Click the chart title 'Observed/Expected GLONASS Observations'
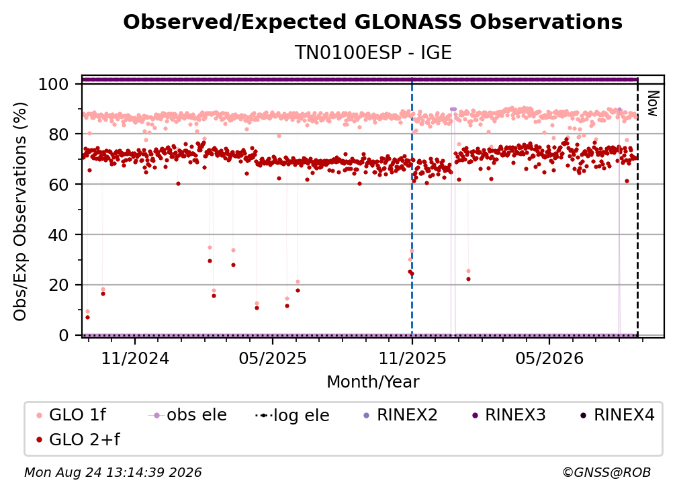[373, 22]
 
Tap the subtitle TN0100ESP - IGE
[373, 52]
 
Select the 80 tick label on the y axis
[58, 134]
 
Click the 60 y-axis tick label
[58, 184]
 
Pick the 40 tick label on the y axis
[58, 235]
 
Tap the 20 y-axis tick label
[58, 285]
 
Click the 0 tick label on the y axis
[64, 335]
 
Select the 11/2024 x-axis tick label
[135, 358]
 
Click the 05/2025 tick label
[273, 358]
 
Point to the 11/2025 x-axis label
[412, 358]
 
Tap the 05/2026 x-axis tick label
[549, 358]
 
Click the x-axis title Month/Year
[373, 382]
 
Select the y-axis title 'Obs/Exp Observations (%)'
[20, 212]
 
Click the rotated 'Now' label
[652, 103]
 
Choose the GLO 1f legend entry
[71, 415]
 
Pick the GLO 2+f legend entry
[78, 440]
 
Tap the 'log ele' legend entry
[292, 415]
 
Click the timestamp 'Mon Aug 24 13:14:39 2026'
[113, 472]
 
